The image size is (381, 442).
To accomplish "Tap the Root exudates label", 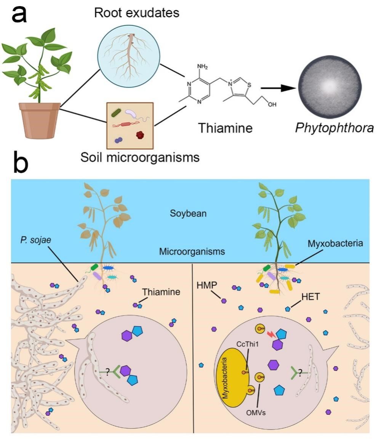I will pos(136,13).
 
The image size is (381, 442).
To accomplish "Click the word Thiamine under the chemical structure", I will pos(225,128).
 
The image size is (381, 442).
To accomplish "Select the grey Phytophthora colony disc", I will pos(330,88).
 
